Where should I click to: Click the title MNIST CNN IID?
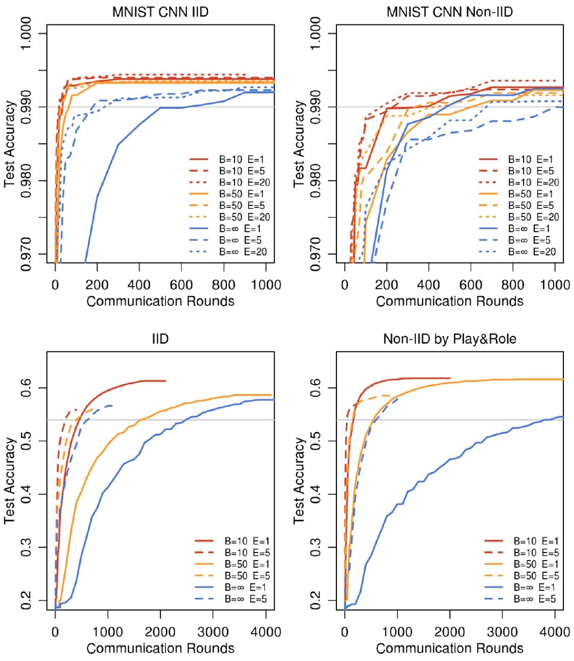click(x=160, y=12)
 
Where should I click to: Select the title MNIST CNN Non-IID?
click(x=450, y=12)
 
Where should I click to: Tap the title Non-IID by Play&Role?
click(x=450, y=339)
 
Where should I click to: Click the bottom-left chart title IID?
click(x=160, y=339)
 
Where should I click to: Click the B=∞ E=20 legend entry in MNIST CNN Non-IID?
click(x=533, y=252)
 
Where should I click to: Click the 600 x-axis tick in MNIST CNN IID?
click(x=181, y=285)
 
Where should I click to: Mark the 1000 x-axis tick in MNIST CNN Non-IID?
click(x=555, y=285)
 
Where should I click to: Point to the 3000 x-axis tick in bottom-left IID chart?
click(x=213, y=632)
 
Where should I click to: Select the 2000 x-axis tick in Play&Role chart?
click(x=450, y=632)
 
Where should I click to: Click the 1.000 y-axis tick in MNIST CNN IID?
click(x=26, y=34)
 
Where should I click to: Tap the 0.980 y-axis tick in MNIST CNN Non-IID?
click(x=315, y=181)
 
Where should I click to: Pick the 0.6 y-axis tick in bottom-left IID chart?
click(x=26, y=387)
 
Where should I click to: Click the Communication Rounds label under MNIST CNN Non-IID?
click(x=450, y=302)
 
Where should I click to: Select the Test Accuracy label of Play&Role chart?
click(x=299, y=480)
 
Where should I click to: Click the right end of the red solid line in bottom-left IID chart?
click(x=165, y=381)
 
